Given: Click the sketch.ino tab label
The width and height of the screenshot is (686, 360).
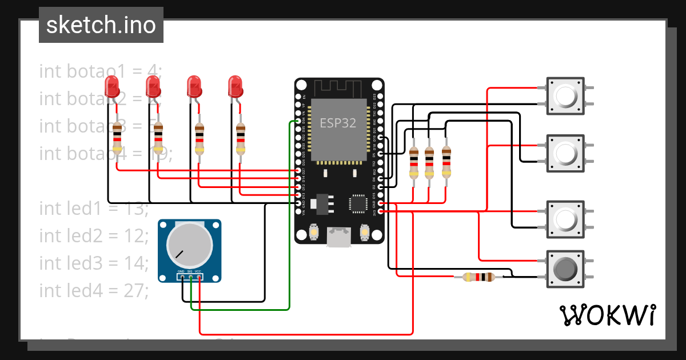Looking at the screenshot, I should [x=101, y=25].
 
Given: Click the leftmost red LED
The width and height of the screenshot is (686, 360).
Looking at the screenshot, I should [x=113, y=87].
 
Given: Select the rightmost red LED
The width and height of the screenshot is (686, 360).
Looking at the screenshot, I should [x=235, y=87].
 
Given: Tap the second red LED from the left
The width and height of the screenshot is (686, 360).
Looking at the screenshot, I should [x=153, y=87].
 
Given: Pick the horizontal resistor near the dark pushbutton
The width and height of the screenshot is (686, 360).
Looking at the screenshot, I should [x=478, y=277].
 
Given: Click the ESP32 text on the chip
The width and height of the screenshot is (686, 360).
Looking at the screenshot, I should [x=338, y=122].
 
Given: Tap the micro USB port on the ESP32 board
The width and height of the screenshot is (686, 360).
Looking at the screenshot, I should [x=338, y=237].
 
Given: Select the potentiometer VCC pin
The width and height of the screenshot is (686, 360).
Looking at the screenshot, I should [x=199, y=278].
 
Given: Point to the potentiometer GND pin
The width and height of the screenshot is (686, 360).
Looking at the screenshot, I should [x=182, y=278].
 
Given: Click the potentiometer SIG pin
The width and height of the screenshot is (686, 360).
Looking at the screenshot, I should [x=190, y=278].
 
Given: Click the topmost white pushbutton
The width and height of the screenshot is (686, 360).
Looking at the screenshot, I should [x=565, y=95].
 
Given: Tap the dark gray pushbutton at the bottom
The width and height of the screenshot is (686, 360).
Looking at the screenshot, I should [x=565, y=269].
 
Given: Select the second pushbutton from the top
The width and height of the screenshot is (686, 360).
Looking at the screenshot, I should [x=565, y=153].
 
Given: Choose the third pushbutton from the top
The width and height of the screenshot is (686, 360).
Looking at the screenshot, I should [x=565, y=218].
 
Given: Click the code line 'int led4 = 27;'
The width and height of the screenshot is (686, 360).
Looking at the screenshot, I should [x=94, y=290].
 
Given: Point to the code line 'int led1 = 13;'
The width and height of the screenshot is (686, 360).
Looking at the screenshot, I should [x=94, y=209].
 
